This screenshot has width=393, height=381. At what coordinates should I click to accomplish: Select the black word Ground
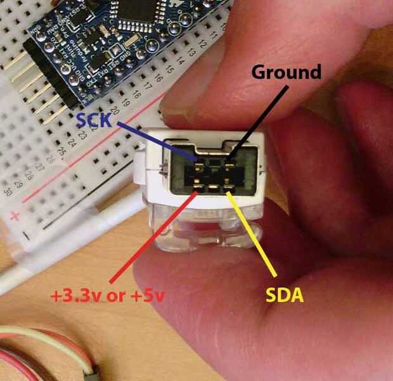287,72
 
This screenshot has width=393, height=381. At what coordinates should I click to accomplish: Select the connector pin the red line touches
198,188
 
